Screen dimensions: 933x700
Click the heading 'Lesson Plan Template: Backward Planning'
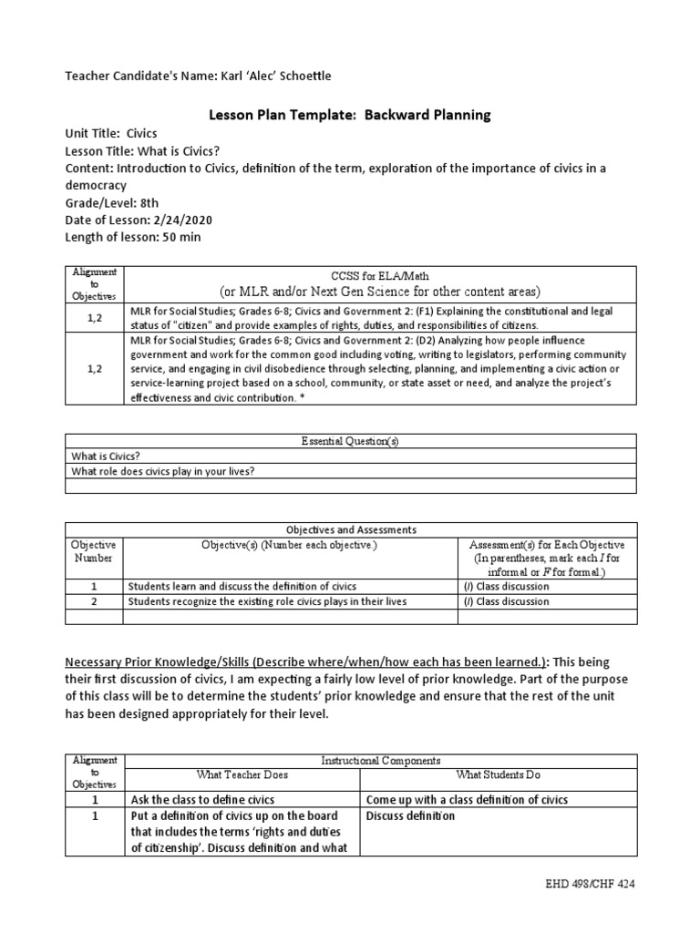point(350,115)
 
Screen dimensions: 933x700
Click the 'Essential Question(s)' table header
point(350,441)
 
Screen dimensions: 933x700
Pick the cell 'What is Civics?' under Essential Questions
point(106,456)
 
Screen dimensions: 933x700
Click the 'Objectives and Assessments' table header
point(350,529)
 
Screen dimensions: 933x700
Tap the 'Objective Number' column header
point(94,551)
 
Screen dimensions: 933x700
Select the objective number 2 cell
point(94,601)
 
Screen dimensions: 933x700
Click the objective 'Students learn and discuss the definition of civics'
point(242,586)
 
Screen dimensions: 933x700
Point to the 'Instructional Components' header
point(382,760)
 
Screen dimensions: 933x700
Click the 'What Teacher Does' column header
point(242,774)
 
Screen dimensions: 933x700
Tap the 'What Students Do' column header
point(498,774)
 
